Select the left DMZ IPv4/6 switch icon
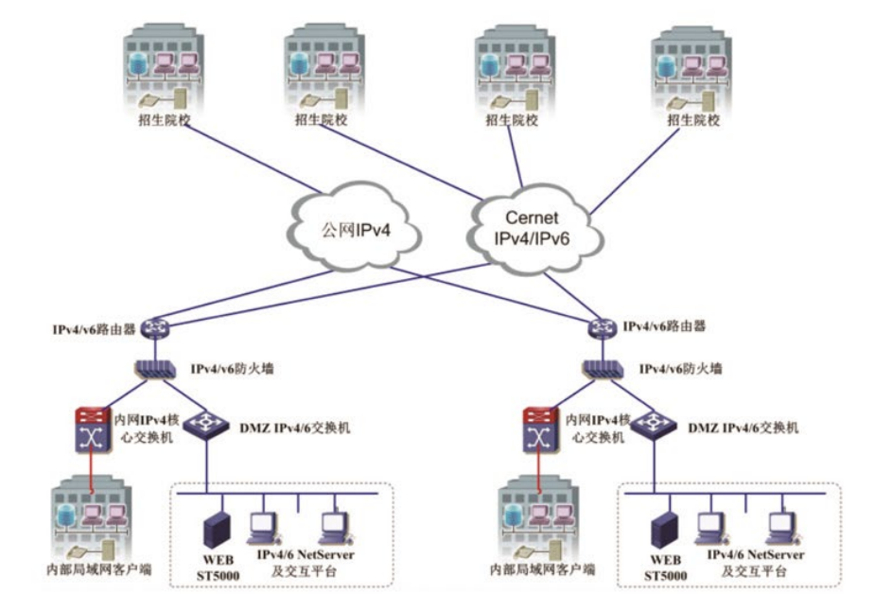(x=203, y=426)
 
